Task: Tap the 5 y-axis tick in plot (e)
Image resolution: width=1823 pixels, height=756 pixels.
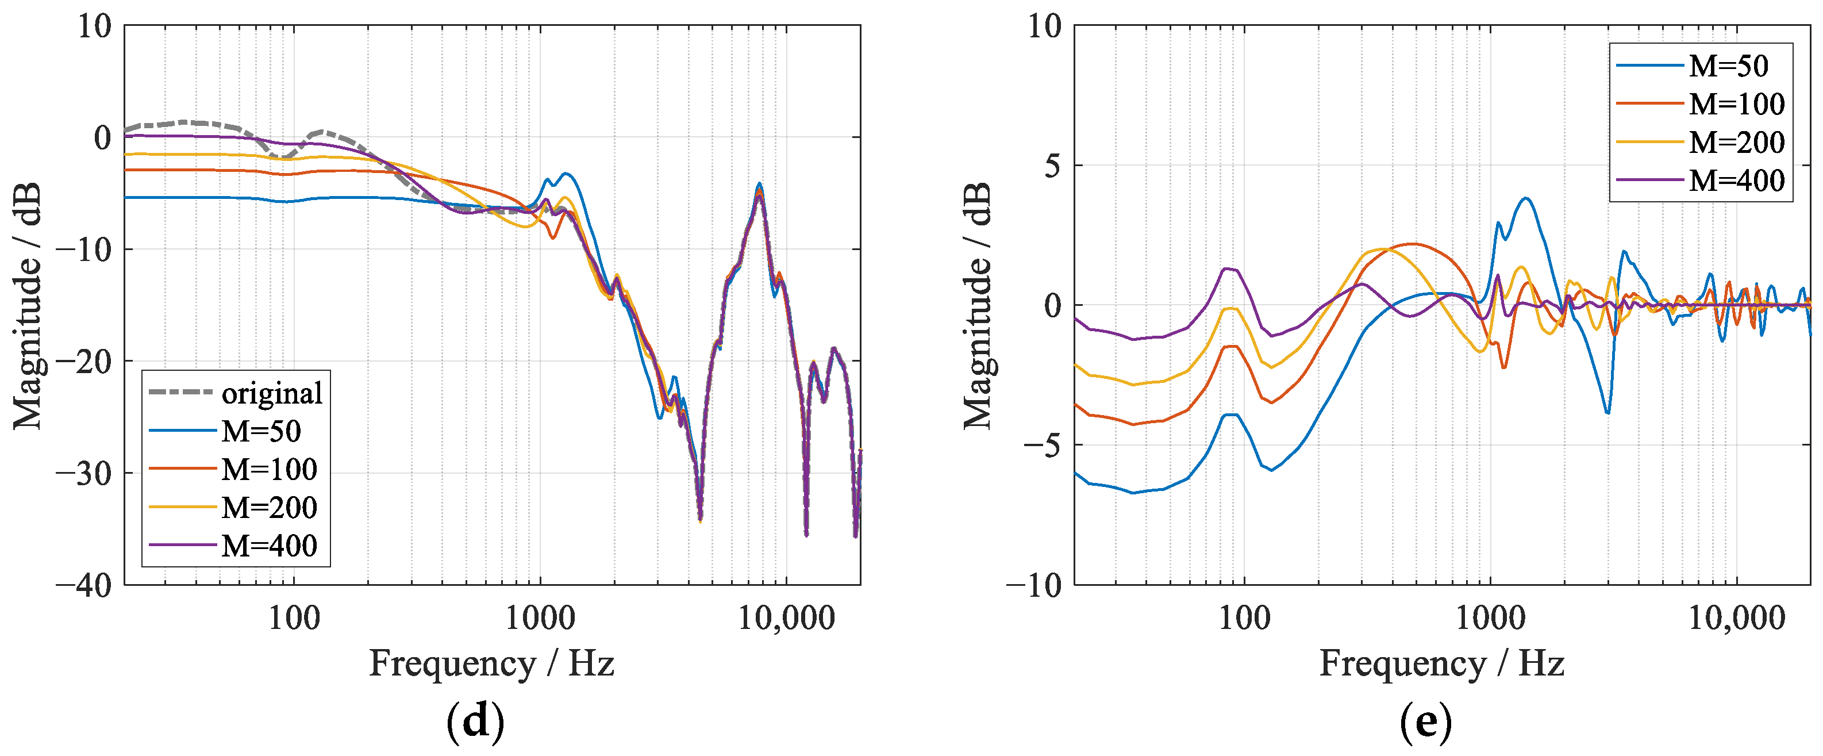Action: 1054,166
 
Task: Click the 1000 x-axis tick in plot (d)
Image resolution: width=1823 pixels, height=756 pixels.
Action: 540,619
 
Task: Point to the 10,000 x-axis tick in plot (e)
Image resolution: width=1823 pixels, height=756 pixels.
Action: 1737,619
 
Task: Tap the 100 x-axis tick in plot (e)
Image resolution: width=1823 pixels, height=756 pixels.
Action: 1244,619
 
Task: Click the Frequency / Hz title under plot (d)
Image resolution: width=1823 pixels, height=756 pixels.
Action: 491,663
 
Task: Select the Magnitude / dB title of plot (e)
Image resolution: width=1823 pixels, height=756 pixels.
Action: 978,306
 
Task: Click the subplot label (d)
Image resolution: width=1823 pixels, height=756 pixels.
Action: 475,722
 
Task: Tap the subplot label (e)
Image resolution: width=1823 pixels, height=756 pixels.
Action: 1425,722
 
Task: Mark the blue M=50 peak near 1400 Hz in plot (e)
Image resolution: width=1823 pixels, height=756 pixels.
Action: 1526,199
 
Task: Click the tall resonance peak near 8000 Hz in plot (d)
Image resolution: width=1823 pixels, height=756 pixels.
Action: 759,184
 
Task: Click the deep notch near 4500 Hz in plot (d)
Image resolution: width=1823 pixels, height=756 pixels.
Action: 700,520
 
